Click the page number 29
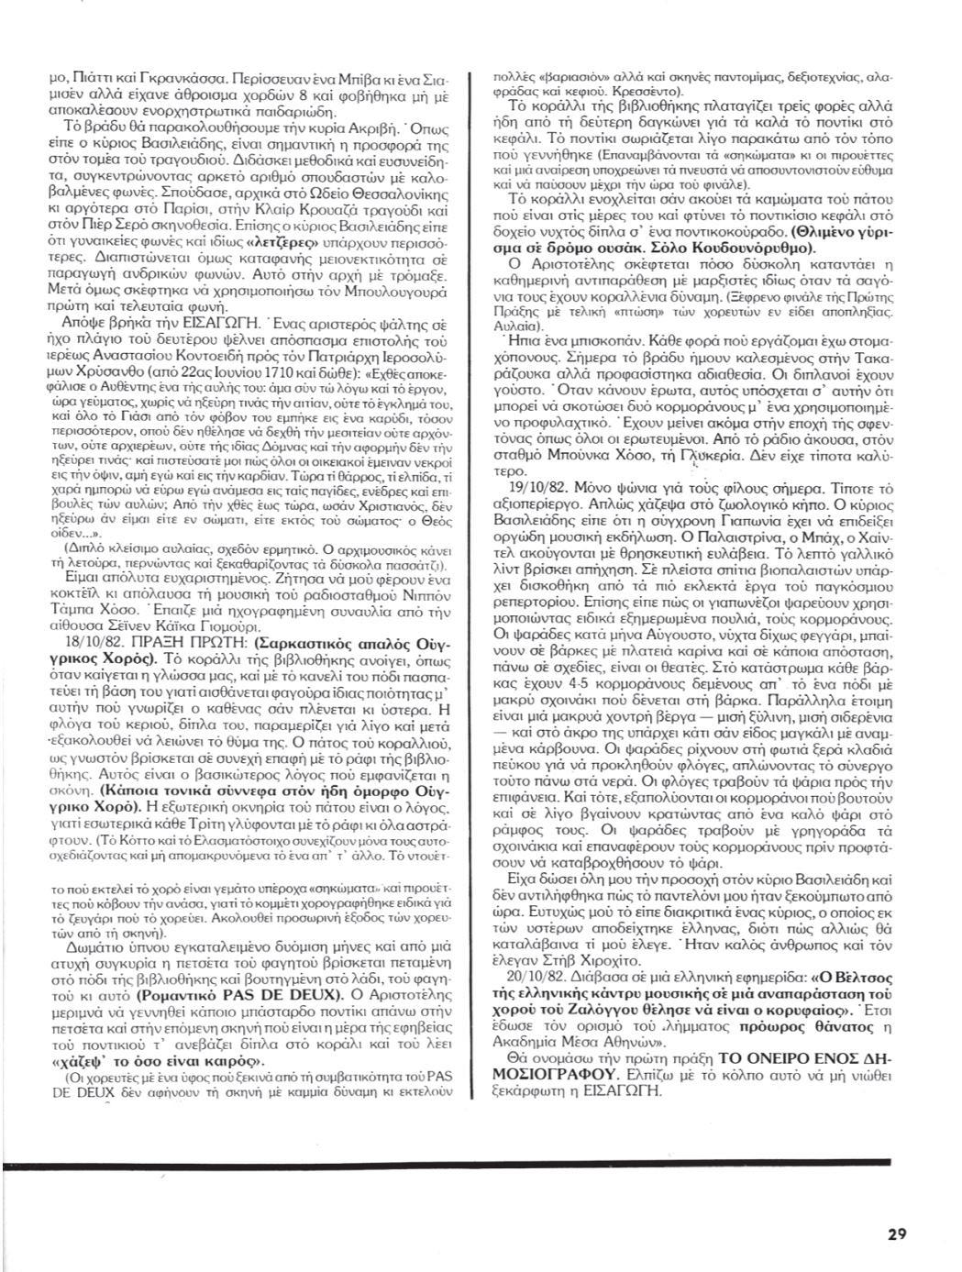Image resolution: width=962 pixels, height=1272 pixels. point(897,1233)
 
